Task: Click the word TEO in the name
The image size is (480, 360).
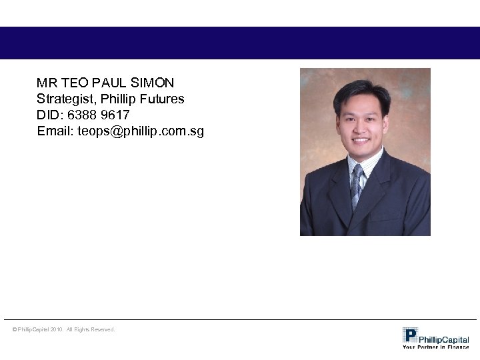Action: click(72, 83)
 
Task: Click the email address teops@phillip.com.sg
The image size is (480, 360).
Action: click(141, 131)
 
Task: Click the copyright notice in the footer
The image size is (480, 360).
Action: click(64, 329)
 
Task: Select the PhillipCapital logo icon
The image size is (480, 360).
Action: click(410, 335)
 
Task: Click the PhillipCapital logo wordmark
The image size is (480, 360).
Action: click(444, 339)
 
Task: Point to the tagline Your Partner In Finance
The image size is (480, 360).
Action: click(436, 347)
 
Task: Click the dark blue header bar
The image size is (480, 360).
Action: click(240, 43)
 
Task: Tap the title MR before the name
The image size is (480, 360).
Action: click(47, 83)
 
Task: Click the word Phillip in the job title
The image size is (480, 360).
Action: click(118, 99)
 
